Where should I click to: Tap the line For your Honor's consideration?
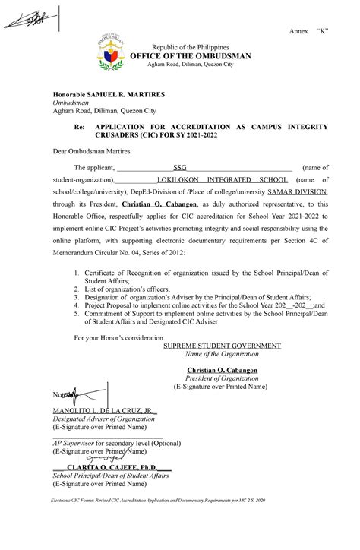tap(117, 337)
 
